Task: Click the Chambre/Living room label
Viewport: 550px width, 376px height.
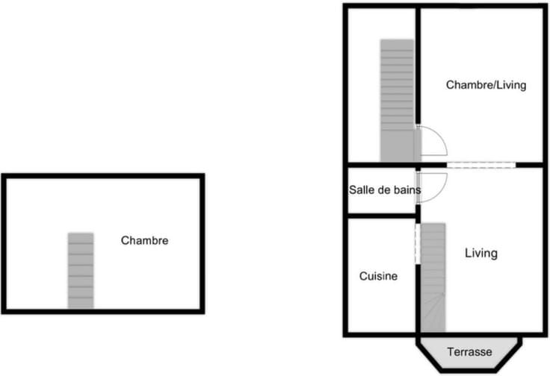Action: point(486,85)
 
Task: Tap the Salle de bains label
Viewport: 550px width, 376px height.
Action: point(385,189)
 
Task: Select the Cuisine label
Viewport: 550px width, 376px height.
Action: point(378,276)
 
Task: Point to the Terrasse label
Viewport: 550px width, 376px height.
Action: point(469,351)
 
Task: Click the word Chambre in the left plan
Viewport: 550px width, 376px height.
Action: point(144,240)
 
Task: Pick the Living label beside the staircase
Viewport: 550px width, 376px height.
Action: point(481,253)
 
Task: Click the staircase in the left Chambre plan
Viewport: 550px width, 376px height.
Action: point(81,271)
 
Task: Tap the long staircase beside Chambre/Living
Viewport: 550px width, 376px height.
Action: point(398,101)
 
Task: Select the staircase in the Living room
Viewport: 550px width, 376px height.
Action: point(433,278)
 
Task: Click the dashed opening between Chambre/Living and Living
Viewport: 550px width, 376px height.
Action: point(481,165)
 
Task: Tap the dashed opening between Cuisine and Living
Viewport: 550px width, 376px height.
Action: point(418,244)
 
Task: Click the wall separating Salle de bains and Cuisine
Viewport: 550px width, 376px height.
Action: point(382,216)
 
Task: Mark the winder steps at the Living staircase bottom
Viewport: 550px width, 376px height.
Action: point(433,313)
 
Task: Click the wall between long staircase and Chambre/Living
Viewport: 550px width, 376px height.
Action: point(418,66)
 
